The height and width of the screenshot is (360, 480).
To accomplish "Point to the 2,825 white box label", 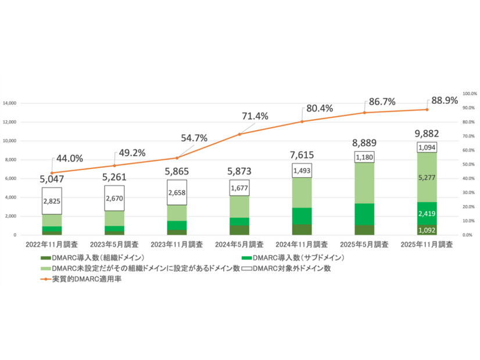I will pyautogui.click(x=52, y=200).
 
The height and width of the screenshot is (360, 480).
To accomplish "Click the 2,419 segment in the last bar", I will pyautogui.click(x=427, y=214).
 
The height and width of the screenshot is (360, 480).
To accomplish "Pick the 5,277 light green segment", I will pyautogui.click(x=427, y=177).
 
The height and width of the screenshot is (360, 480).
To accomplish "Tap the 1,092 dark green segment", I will pyautogui.click(x=427, y=229).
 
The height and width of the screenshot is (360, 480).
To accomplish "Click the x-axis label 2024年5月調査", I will pyautogui.click(x=239, y=244).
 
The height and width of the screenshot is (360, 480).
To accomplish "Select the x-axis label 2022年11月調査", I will pyautogui.click(x=52, y=244).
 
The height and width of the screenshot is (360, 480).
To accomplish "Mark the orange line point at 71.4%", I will pyautogui.click(x=239, y=134).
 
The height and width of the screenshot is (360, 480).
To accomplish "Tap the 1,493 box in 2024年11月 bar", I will pyautogui.click(x=302, y=170).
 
